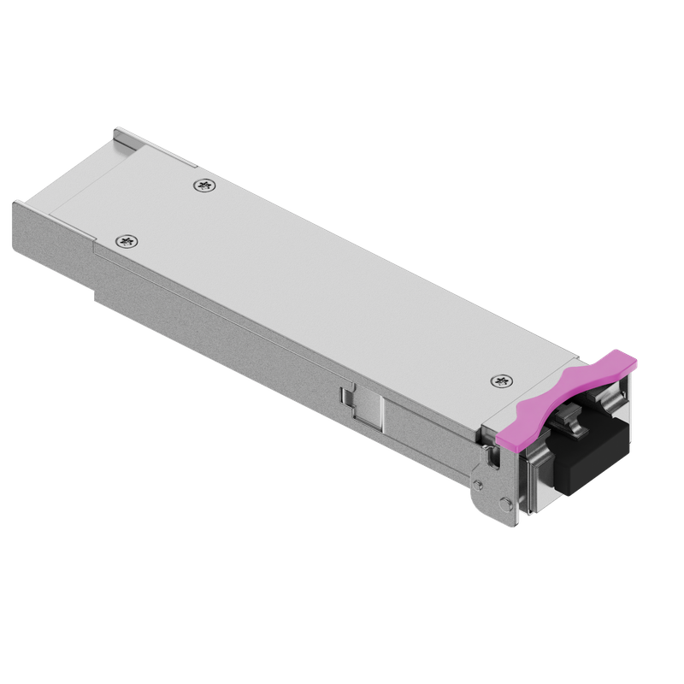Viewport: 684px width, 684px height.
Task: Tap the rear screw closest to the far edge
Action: click(x=203, y=184)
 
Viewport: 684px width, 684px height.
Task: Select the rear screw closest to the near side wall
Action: click(x=126, y=242)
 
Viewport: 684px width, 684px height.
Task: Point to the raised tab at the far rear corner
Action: click(x=121, y=133)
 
